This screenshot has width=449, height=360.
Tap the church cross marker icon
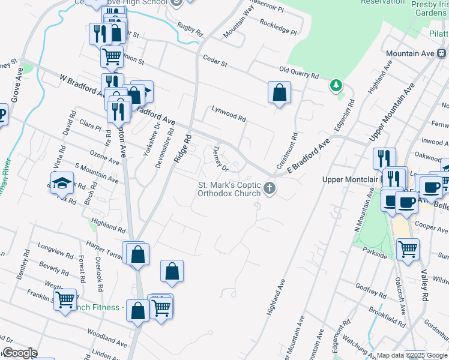(x=270, y=189)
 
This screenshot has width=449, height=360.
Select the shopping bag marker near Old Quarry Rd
(x=279, y=93)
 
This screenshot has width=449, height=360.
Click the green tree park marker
(x=336, y=86)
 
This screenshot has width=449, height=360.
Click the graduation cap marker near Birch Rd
(x=61, y=183)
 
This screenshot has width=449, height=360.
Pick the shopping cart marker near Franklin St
(x=65, y=299)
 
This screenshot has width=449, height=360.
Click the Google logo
(x=20, y=353)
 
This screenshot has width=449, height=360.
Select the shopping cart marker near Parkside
(x=408, y=249)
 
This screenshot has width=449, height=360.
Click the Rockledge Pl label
(x=279, y=26)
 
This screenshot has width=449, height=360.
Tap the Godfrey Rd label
(x=369, y=290)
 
